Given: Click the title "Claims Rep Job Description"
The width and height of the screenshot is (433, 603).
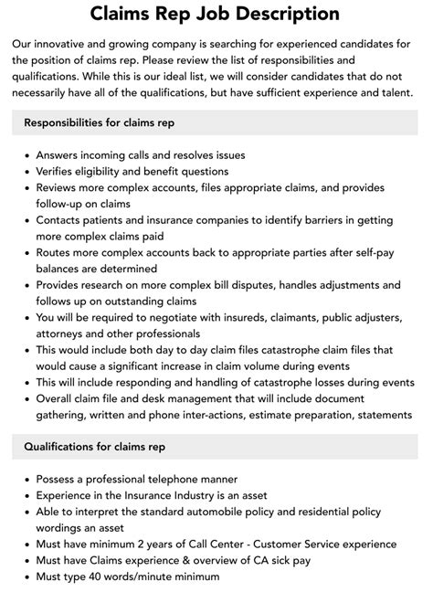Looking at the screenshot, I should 216,14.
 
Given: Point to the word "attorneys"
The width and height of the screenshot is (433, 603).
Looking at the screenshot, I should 64,334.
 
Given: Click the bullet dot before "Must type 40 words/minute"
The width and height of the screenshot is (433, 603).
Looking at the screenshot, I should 25,577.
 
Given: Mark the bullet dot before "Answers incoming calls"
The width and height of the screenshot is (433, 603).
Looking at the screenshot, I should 25,156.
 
